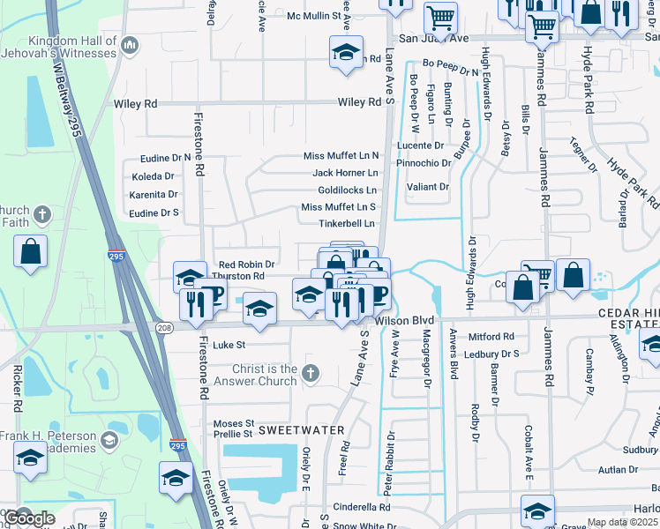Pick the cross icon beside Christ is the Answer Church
point(310,374)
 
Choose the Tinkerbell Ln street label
point(353,224)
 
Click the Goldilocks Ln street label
point(347,190)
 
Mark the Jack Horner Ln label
point(345,173)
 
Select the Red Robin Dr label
point(246,264)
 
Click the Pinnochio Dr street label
point(423,163)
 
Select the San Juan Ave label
point(433,39)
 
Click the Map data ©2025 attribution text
point(623,522)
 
